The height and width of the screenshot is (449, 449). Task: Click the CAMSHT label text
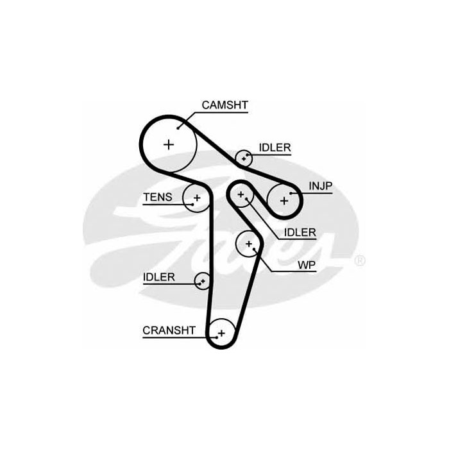(x=224, y=105)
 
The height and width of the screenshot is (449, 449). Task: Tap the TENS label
(x=158, y=197)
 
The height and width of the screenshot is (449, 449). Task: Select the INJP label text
(x=321, y=186)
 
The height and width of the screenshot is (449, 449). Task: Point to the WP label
(x=307, y=265)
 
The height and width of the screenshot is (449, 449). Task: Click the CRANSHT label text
(x=169, y=330)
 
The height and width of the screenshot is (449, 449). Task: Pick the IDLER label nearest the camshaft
(x=275, y=148)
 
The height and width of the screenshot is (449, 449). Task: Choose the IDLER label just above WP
(x=300, y=232)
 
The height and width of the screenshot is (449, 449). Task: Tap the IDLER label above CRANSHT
(x=159, y=277)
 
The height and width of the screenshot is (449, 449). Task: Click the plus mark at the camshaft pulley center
(x=169, y=144)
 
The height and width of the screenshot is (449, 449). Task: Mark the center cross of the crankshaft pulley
(x=221, y=334)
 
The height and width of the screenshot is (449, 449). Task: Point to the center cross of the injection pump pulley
(x=284, y=201)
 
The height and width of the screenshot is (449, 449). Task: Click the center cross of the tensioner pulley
(x=197, y=198)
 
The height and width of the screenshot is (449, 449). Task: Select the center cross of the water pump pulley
(x=249, y=244)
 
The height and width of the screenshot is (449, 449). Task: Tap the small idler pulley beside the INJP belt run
(x=244, y=158)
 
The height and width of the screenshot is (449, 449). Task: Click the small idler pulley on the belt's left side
(x=203, y=281)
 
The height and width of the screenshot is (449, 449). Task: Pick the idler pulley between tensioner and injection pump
(x=241, y=195)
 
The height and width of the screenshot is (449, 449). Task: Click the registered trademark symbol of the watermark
(x=360, y=260)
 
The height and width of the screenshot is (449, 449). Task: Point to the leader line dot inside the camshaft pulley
(x=178, y=128)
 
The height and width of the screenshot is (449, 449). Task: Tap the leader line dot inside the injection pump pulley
(x=291, y=193)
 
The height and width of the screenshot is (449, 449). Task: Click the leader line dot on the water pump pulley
(x=254, y=249)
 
